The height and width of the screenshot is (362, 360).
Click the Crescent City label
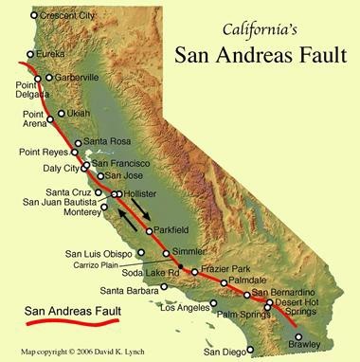tap(69, 16)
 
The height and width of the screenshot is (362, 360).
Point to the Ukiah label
tap(79, 115)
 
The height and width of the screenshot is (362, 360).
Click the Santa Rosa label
tap(106, 143)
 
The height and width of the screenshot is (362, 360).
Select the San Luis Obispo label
tap(99, 253)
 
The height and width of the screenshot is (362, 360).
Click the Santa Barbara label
tap(129, 290)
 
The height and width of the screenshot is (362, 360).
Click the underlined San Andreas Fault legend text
tap(62, 308)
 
